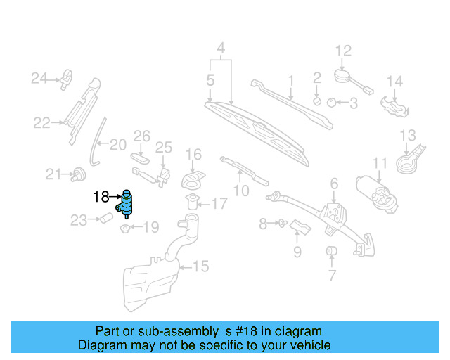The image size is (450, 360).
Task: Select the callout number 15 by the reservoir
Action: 201,266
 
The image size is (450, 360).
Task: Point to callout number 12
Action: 342,51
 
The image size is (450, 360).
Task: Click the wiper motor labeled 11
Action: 376,188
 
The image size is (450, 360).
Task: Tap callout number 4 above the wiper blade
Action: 221,49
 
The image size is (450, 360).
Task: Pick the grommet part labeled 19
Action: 124,228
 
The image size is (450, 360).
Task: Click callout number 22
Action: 41,124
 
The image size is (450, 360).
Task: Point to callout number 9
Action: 297,251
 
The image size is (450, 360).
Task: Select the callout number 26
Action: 142,135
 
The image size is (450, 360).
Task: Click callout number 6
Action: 334,184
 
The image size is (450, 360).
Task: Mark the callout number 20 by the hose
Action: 117,146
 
